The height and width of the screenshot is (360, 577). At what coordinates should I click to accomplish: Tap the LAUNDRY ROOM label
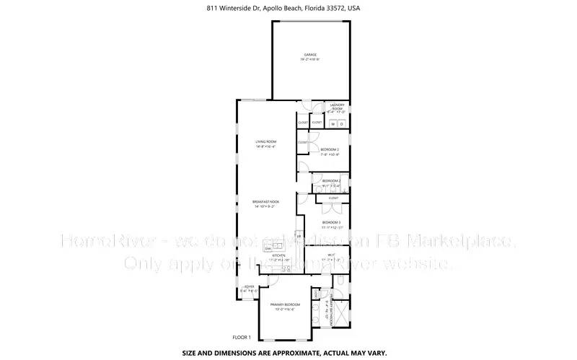337,107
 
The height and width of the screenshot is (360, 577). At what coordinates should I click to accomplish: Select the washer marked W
333,124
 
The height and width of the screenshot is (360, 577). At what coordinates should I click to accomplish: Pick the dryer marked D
342,124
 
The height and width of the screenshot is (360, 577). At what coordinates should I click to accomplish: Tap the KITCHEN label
279,255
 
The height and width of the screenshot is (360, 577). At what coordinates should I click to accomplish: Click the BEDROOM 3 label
331,222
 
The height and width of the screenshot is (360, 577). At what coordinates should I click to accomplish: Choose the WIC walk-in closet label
330,255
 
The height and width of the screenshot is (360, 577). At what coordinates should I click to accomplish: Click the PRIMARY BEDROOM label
285,305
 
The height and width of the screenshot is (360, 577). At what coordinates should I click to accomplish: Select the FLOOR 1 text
241,338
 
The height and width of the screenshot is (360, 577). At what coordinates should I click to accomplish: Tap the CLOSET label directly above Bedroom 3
333,198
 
